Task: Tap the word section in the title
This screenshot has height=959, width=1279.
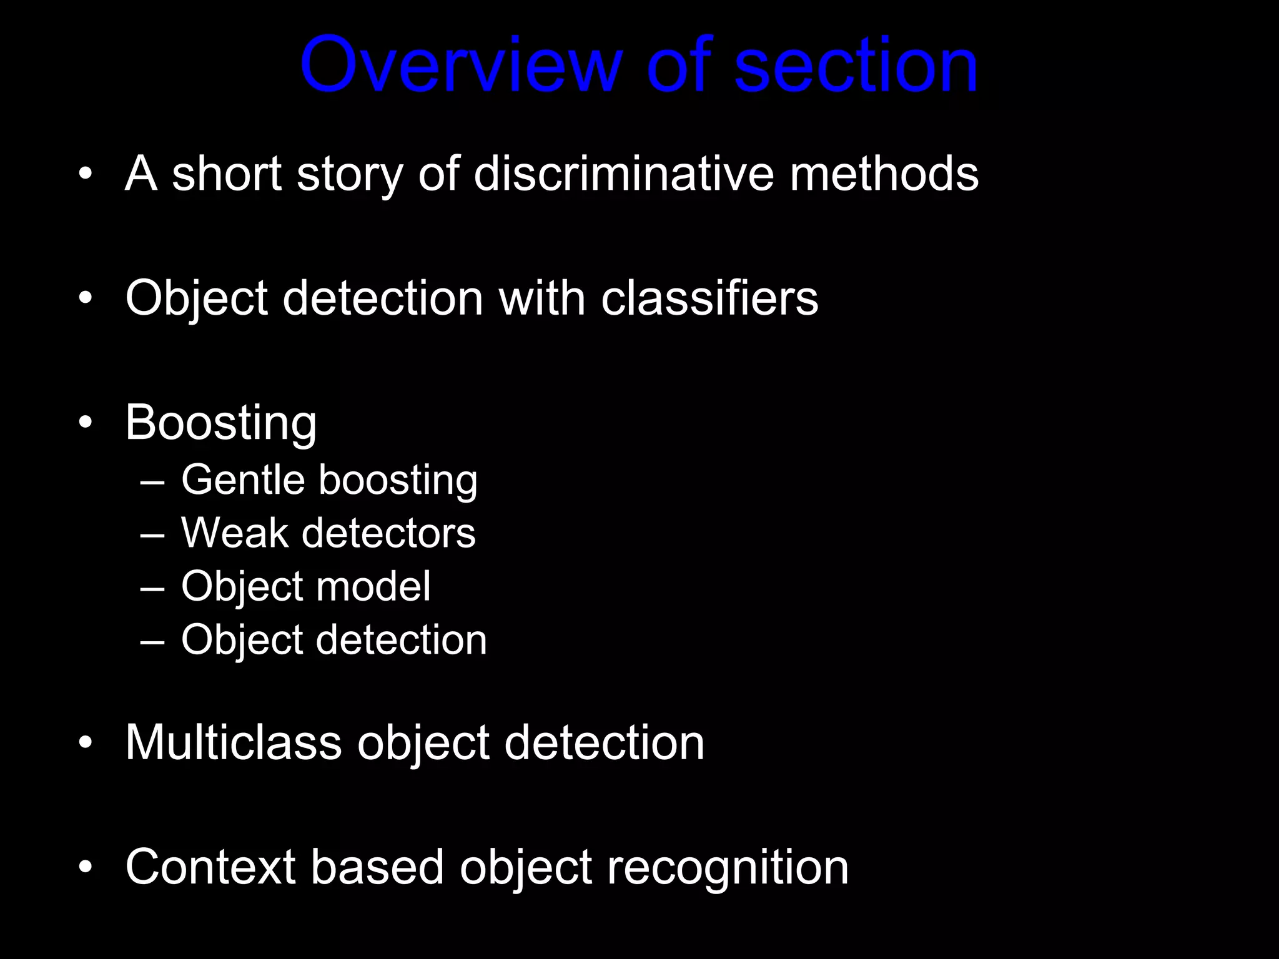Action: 856,65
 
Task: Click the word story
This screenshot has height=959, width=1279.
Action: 350,175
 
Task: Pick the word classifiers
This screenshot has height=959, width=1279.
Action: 709,298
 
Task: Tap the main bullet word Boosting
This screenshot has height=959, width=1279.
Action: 221,423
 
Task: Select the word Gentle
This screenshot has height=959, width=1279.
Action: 243,480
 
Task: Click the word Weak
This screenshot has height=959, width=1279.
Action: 234,533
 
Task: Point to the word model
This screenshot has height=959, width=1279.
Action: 373,586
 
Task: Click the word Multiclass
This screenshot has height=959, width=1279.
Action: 234,742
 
